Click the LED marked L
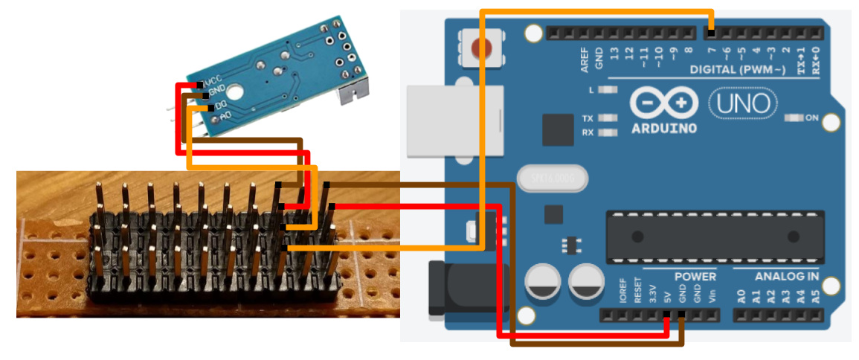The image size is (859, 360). click(x=609, y=90)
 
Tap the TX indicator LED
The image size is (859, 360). click(x=609, y=118)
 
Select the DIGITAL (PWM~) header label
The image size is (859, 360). click(x=737, y=70)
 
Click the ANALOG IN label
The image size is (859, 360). click(x=778, y=277)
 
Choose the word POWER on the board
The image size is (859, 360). click(x=695, y=277)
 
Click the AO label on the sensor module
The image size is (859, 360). click(x=225, y=115)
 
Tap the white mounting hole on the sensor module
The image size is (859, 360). click(x=236, y=93)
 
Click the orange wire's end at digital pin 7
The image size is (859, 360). click(x=712, y=32)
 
